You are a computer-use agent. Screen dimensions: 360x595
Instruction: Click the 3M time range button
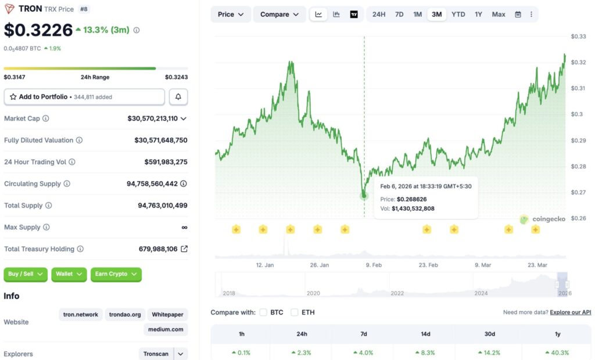point(436,15)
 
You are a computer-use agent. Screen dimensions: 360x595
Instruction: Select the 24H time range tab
point(379,15)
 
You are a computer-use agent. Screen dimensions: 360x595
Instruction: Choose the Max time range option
point(499,15)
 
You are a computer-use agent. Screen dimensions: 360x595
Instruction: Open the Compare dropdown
point(279,15)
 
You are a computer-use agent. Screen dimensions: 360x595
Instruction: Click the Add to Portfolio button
point(84,97)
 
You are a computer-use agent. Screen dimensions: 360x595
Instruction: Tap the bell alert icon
point(178,97)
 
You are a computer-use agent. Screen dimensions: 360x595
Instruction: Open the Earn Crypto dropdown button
point(116,274)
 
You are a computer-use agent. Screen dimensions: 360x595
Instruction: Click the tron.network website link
point(81,315)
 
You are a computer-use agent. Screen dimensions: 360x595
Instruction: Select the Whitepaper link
point(167,315)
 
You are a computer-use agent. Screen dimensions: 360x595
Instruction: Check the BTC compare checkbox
point(263,312)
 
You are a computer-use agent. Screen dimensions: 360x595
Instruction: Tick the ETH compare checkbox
point(295,312)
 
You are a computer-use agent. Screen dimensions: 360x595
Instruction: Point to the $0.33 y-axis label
point(578,37)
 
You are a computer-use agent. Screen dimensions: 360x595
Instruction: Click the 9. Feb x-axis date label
point(374,265)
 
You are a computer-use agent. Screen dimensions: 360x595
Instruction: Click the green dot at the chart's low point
point(364,196)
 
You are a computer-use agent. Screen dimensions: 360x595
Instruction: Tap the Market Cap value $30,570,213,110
point(152,118)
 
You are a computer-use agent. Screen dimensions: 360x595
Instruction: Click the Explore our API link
point(570,312)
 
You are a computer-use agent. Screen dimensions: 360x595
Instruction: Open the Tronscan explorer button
point(156,354)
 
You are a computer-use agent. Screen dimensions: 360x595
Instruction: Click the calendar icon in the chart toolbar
point(518,15)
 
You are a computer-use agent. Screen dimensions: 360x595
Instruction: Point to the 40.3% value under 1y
point(557,352)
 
